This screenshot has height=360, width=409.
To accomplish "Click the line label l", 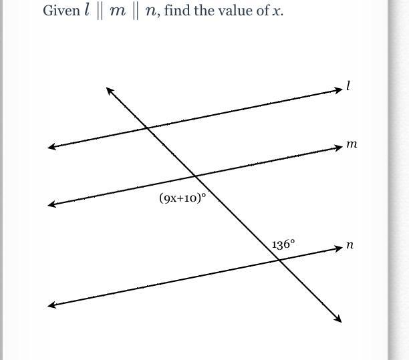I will (348, 86).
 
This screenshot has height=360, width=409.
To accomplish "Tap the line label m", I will (352, 144).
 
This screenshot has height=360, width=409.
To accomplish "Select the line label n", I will (350, 245).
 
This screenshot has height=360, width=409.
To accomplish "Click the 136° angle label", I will (283, 244).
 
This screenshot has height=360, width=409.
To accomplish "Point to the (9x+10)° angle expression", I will (182, 198).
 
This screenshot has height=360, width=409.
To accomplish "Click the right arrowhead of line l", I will (338, 90).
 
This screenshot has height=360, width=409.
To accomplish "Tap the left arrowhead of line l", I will (51, 146).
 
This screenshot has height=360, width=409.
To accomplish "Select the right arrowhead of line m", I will (338, 148).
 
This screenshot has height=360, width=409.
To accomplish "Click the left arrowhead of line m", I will (51, 204).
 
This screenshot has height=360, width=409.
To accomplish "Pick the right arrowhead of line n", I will (338, 248).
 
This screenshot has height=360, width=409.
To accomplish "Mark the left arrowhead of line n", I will (51, 305).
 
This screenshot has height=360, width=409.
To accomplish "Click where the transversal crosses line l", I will (146, 128).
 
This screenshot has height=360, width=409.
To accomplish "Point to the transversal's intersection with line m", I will (194, 176).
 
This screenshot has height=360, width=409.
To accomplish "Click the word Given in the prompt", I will (61, 11).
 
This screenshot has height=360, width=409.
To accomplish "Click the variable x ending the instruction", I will (277, 12).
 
